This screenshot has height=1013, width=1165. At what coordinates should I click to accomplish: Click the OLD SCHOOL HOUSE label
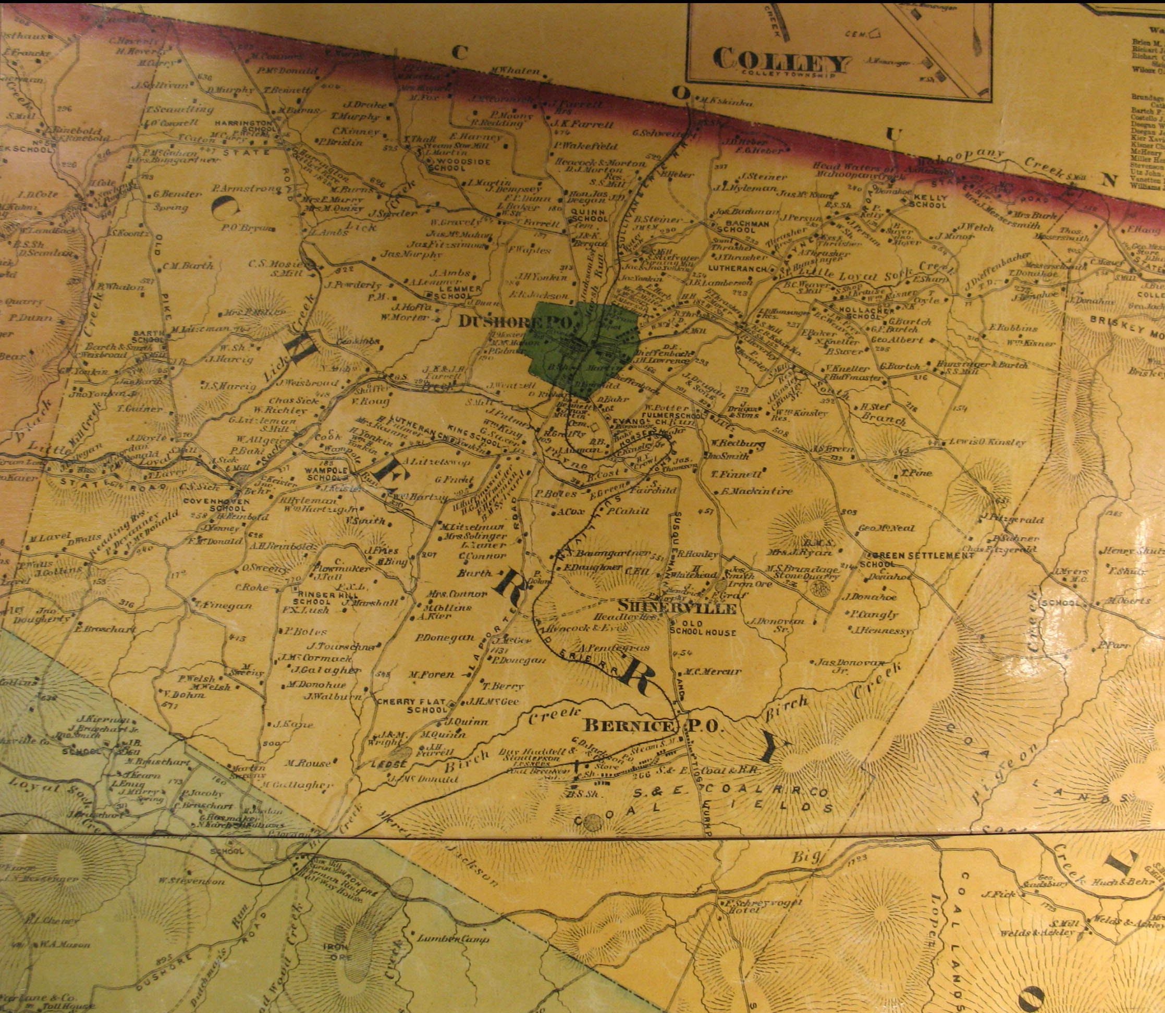click(703, 627)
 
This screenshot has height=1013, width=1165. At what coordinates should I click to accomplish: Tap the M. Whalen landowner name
click(514, 71)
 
